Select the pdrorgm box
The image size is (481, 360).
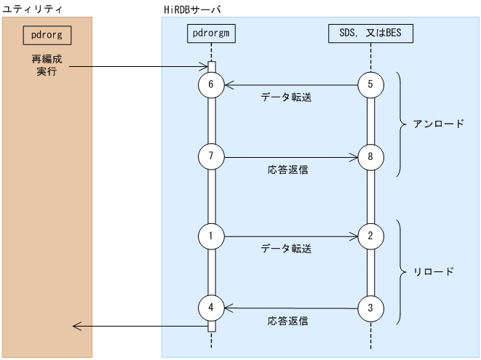[211, 33]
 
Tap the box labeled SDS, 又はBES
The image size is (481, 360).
[371, 33]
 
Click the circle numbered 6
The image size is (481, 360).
[211, 85]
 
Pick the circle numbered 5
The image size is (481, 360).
[370, 85]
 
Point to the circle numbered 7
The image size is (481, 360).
[211, 156]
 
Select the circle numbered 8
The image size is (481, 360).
[370, 156]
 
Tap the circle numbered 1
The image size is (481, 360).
[211, 236]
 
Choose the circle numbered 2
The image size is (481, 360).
[370, 236]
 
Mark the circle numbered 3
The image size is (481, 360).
[370, 308]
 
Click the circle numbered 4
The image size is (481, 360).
[211, 308]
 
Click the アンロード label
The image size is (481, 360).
[438, 124]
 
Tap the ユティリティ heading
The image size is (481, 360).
[33, 8]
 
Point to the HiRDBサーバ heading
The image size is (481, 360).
[192, 8]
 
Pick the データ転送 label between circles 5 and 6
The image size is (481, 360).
[286, 97]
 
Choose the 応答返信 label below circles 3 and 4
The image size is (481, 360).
[287, 321]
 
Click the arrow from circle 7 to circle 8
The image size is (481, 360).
[291, 156]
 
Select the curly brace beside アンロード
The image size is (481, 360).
[401, 124]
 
